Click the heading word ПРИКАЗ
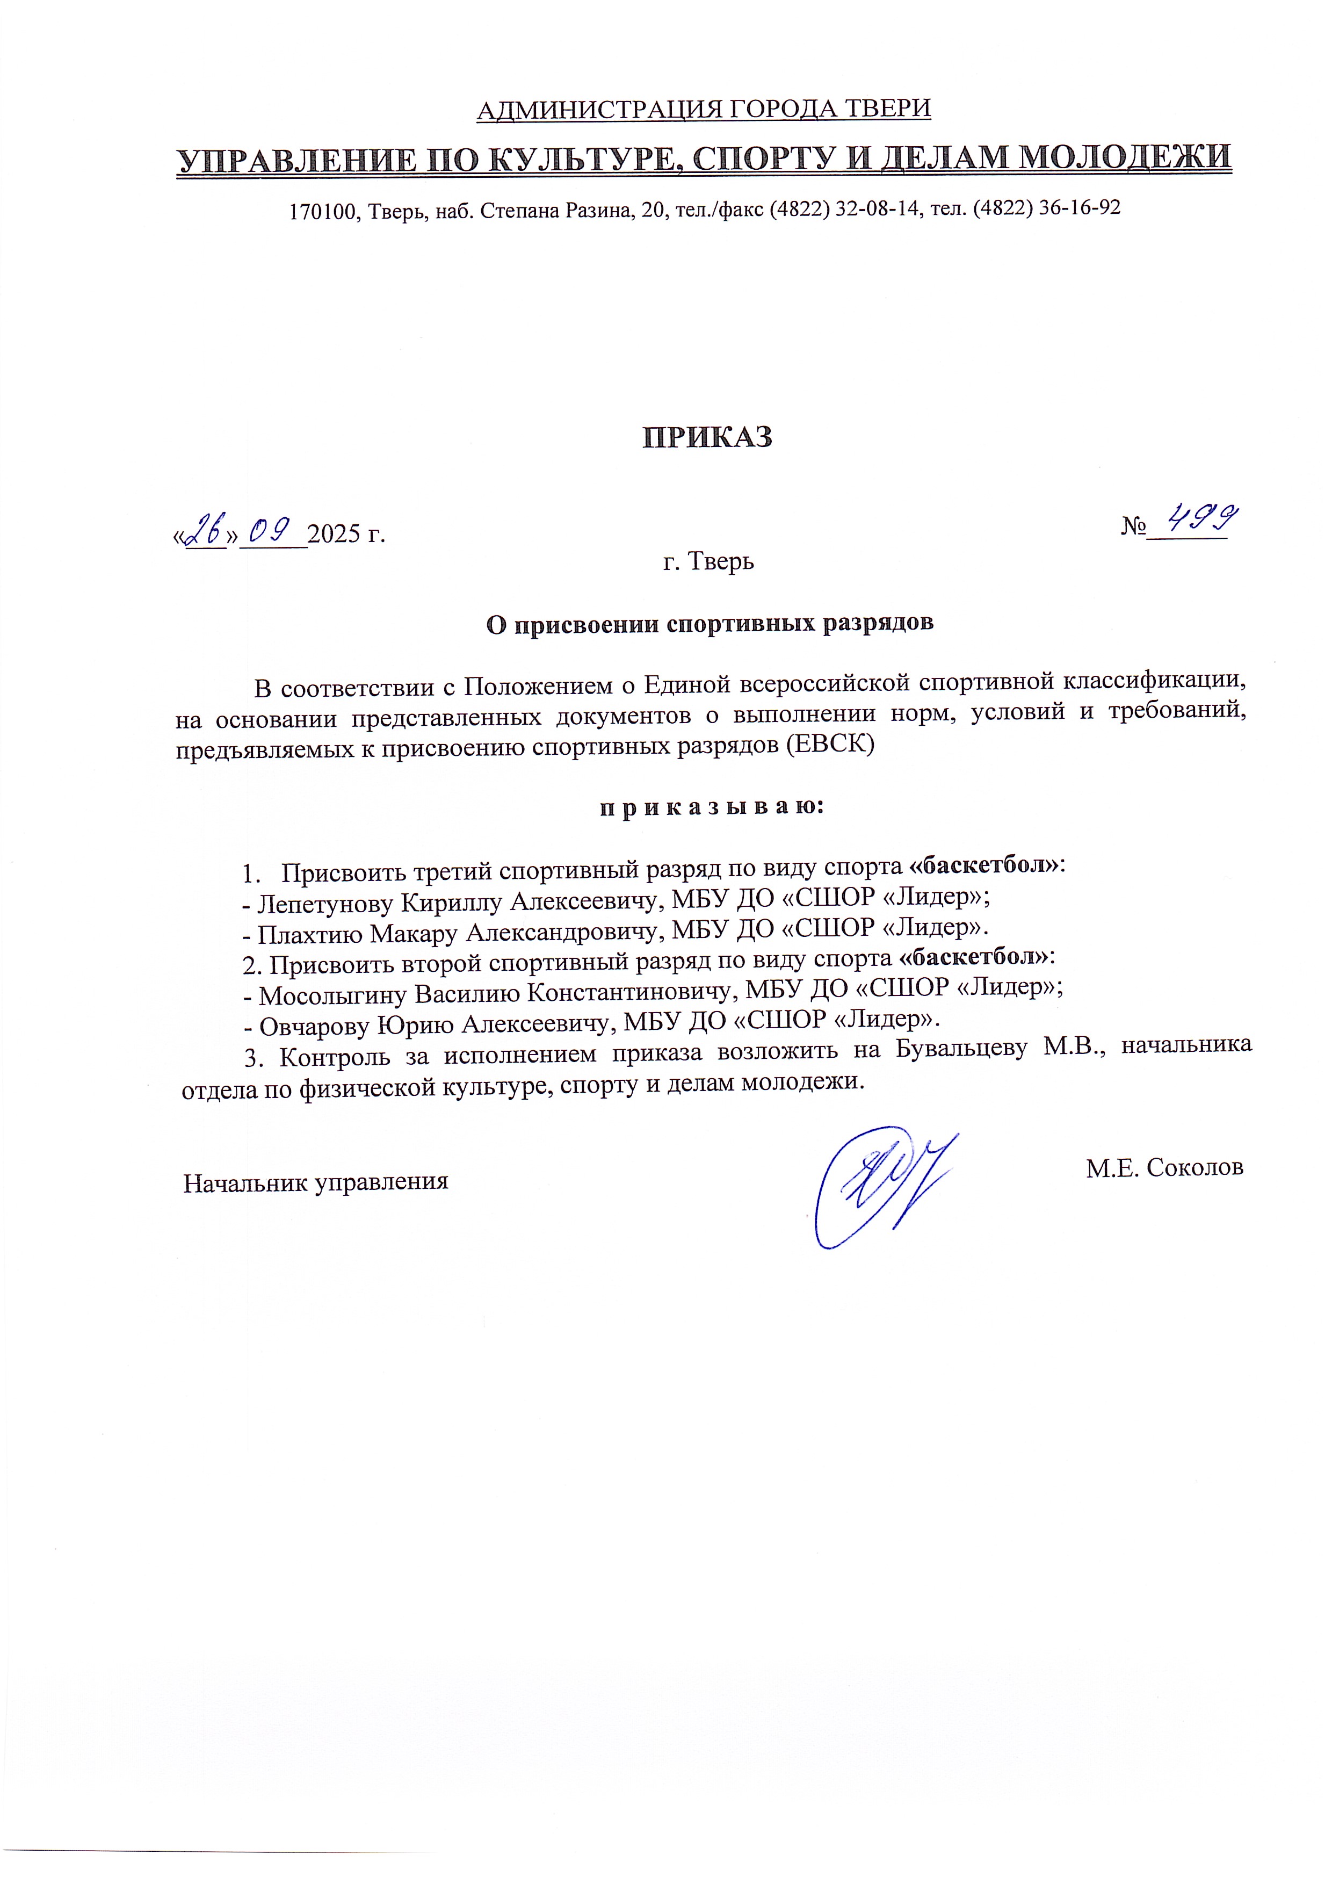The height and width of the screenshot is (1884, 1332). [706, 437]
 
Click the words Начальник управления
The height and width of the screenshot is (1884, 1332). [316, 1182]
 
